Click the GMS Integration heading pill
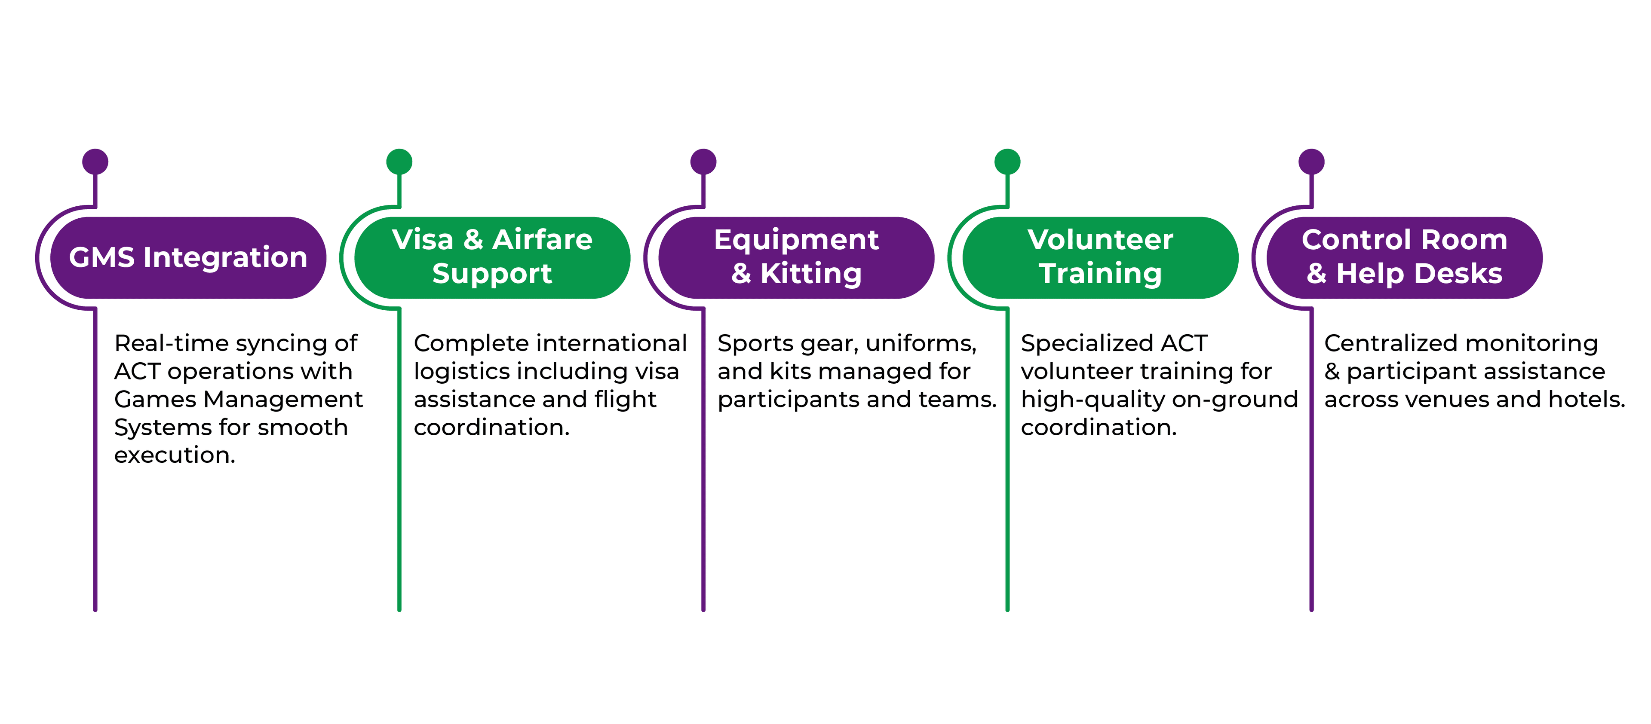click(188, 257)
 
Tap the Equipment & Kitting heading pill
click(796, 257)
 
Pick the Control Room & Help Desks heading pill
click(1404, 257)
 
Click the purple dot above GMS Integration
click(95, 162)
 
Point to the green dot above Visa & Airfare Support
click(399, 162)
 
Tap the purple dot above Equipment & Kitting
click(703, 162)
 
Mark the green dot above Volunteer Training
click(1007, 162)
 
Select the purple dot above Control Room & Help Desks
click(1311, 162)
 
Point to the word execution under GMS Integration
click(174, 455)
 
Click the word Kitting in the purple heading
click(811, 274)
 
